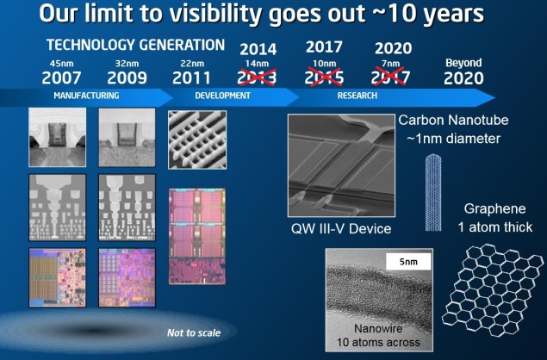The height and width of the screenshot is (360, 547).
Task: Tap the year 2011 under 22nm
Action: coord(193,78)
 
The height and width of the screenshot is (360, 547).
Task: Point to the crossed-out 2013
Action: coord(258,78)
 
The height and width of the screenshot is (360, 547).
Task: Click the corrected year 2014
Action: coord(258,48)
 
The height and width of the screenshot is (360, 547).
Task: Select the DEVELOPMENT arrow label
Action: coord(221,96)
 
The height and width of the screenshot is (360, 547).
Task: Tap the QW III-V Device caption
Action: coord(340,229)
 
